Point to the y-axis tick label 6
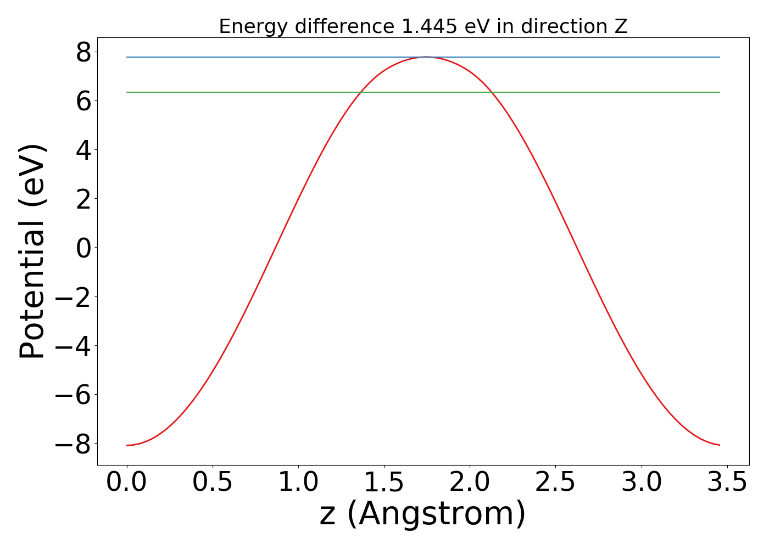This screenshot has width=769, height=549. tap(83, 101)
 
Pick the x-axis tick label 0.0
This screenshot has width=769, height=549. tap(127, 483)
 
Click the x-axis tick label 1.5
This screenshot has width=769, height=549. tap(384, 483)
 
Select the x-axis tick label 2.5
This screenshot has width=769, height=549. tap(555, 483)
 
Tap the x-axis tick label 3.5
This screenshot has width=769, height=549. tap(727, 483)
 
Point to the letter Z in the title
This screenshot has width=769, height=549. tap(621, 26)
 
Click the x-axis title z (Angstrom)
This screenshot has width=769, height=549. tap(423, 514)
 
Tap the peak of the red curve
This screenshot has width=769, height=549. tap(426, 57)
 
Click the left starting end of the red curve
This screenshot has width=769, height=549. tap(127, 445)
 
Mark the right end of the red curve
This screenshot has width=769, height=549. tap(720, 445)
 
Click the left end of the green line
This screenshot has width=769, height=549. tap(127, 92)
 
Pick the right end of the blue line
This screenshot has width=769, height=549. tap(720, 57)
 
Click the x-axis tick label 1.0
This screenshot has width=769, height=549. tap(298, 483)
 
